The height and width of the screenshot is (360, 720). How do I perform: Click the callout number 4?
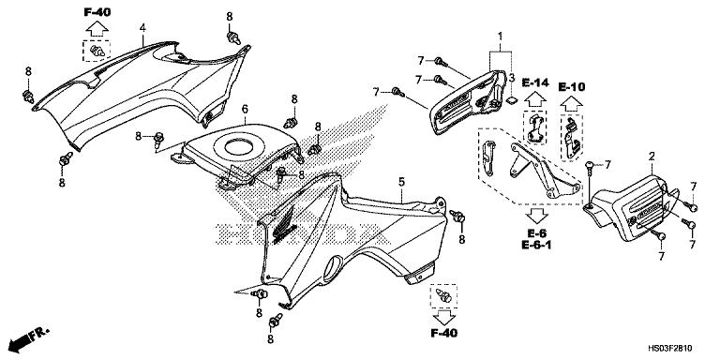[142, 28]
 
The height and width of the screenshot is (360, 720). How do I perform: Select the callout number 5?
[400, 181]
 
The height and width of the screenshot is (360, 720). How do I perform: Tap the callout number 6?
[245, 110]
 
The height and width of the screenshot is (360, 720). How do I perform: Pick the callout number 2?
[652, 155]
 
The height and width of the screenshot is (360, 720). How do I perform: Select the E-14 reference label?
[535, 83]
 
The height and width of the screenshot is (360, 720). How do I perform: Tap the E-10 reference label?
[572, 87]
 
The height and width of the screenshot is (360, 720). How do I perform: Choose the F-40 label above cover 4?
[97, 12]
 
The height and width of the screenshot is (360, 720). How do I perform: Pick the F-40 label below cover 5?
[444, 333]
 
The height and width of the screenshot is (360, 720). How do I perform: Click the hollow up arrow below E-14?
[535, 101]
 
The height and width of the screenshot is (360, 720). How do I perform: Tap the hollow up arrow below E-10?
[571, 103]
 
